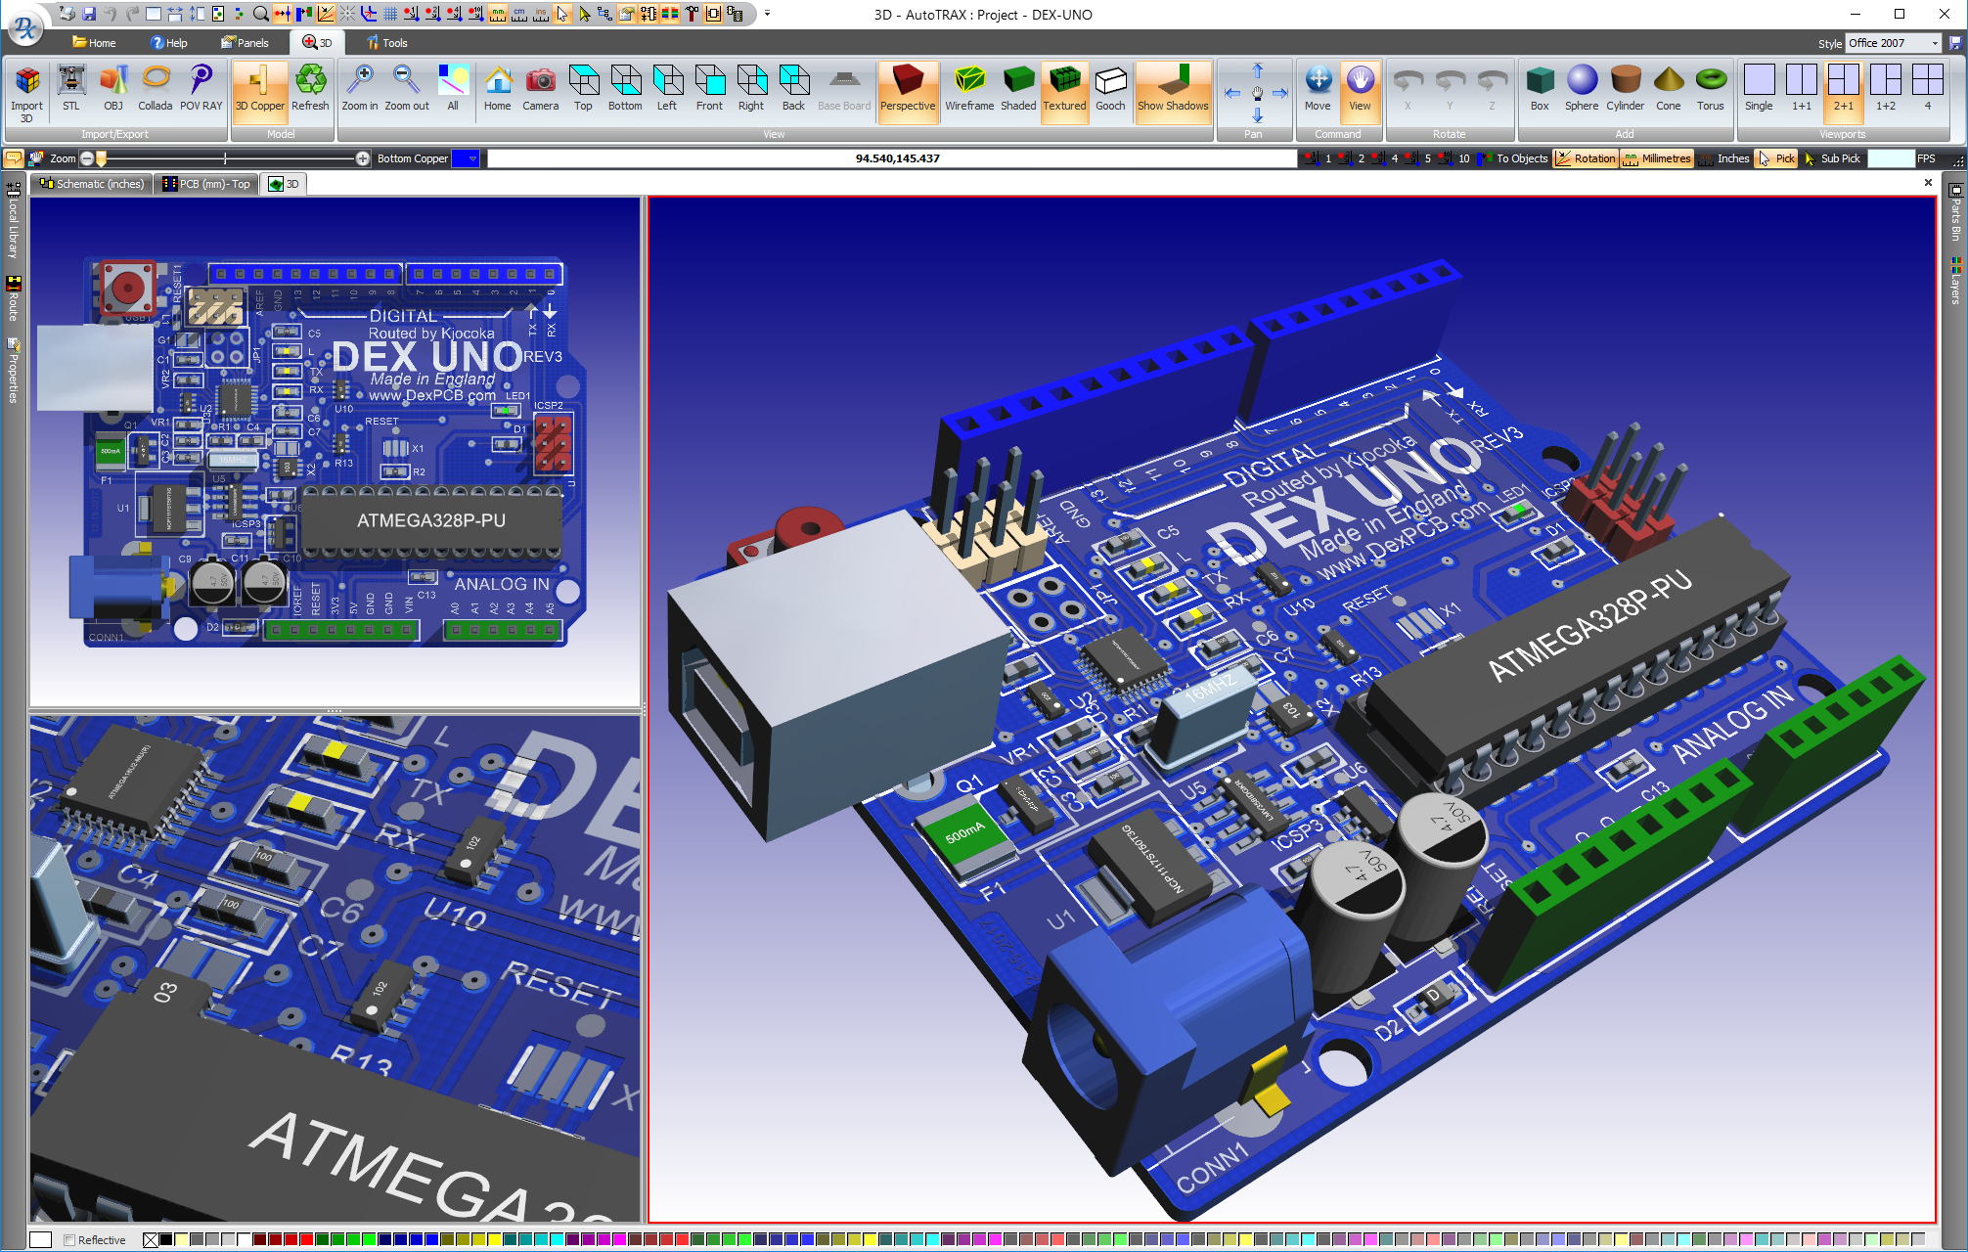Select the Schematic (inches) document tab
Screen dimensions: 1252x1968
coord(92,184)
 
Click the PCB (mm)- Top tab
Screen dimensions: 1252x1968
coord(206,184)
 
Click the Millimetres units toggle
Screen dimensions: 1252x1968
coord(1657,158)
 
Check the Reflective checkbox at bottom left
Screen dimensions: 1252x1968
coord(69,1240)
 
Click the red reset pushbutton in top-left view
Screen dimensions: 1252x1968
coord(127,287)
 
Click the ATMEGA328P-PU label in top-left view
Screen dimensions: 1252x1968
coord(431,520)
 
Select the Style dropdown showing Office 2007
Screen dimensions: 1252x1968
coord(1893,43)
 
